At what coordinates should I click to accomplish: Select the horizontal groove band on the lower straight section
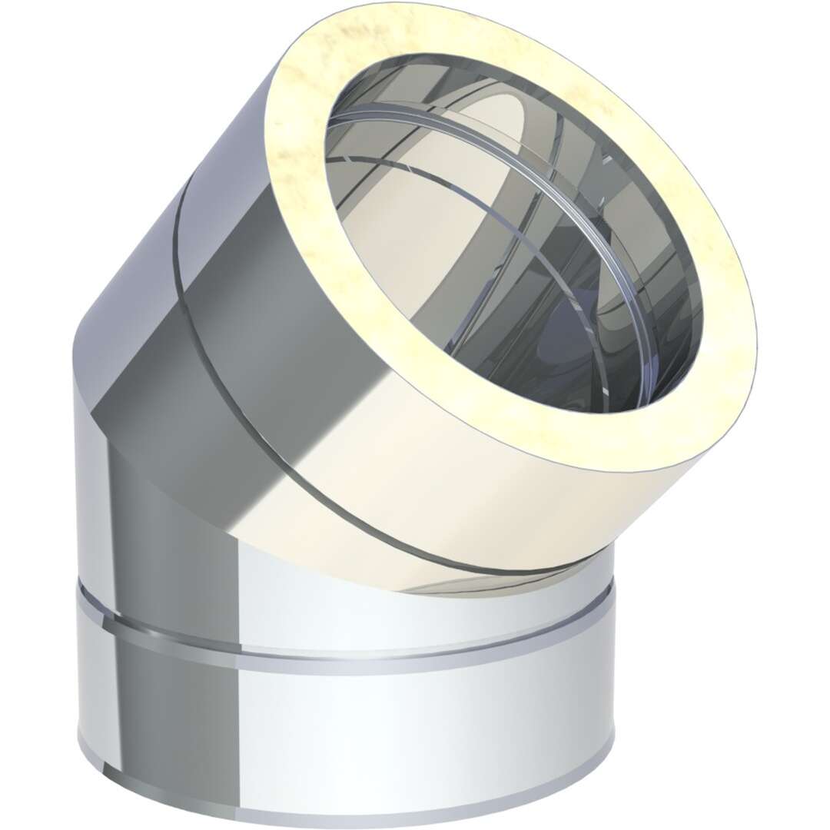[346, 642]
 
